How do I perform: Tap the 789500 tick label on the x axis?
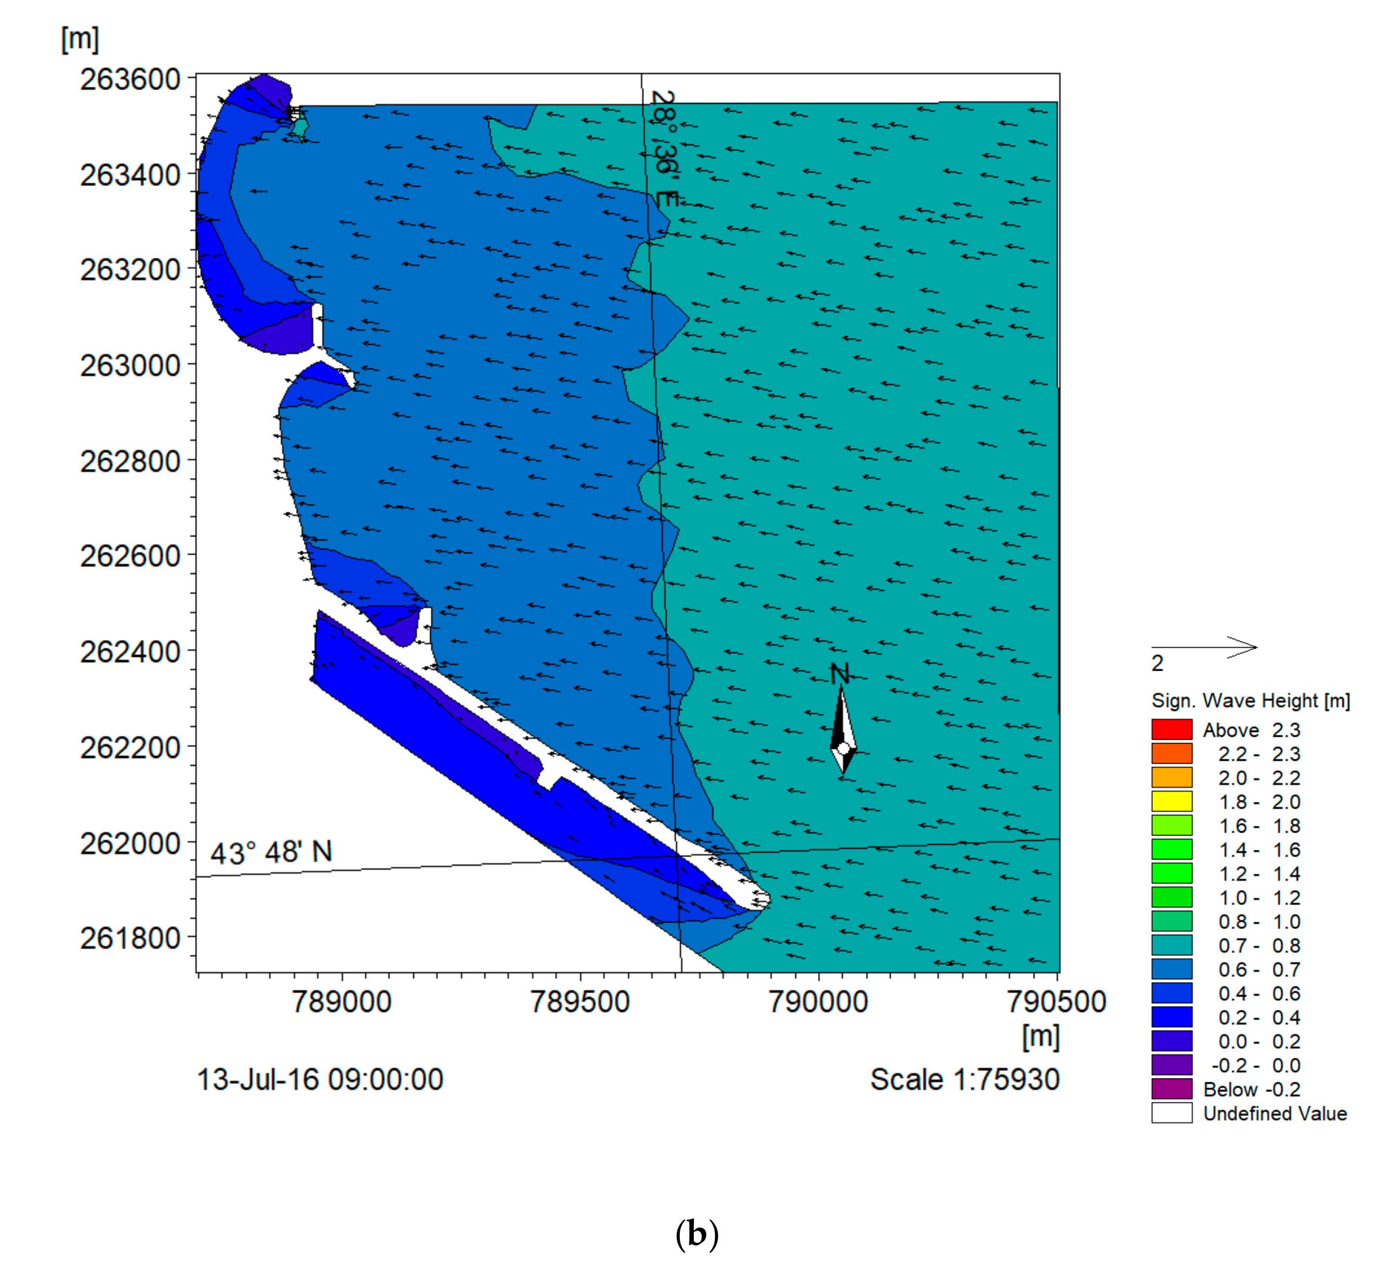point(580,1002)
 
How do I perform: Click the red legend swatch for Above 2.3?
point(1171,729)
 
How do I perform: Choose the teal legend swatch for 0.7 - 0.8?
point(1171,945)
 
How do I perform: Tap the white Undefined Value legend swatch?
point(1171,1113)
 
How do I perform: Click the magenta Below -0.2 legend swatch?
point(1171,1089)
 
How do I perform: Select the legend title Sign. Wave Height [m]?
point(1250,701)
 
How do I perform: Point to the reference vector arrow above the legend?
point(1204,647)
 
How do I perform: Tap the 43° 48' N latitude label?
point(271,853)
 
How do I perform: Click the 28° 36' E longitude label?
point(665,148)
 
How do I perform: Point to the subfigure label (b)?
point(697,1235)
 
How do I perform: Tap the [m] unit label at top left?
point(80,40)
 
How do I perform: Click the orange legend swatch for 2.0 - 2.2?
point(1171,778)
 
